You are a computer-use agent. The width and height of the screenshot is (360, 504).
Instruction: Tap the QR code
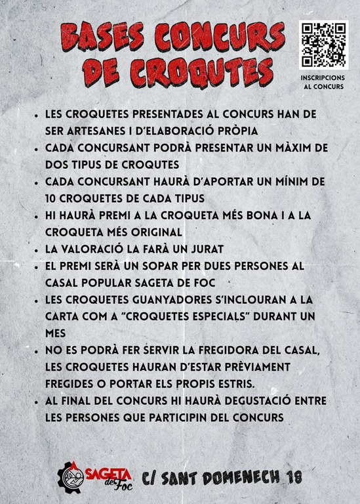coord(323,45)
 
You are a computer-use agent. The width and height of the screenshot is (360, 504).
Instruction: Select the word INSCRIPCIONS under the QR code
coord(323,76)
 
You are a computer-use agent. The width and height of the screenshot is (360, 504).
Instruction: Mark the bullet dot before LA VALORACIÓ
coord(37,249)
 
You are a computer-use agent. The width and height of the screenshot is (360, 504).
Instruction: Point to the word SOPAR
coord(172,266)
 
